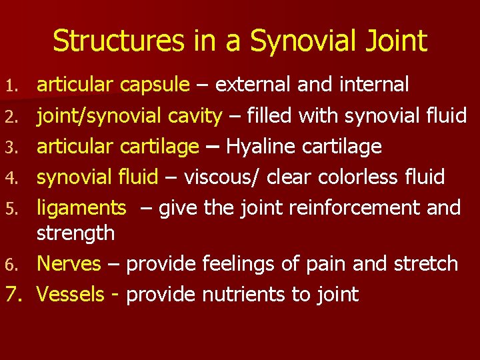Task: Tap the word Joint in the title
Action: [x=394, y=41]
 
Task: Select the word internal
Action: [x=374, y=85]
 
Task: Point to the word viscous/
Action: [x=223, y=177]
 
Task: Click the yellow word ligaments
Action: [x=81, y=209]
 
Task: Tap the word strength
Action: [x=75, y=233]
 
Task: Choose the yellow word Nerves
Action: [x=69, y=263]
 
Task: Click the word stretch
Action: [x=425, y=263]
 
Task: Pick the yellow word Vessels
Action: [x=71, y=294]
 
